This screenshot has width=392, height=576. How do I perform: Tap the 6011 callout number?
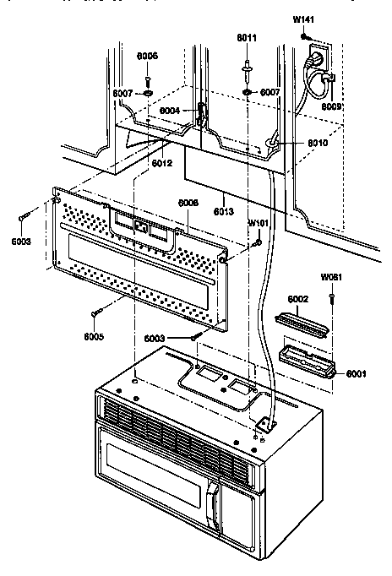(247, 39)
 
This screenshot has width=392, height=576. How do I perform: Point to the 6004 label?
(171, 111)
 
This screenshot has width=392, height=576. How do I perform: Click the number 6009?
(331, 107)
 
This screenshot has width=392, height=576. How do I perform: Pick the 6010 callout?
(293, 144)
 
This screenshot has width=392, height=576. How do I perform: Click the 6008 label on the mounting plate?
(188, 203)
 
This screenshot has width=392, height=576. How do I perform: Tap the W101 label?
(258, 224)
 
